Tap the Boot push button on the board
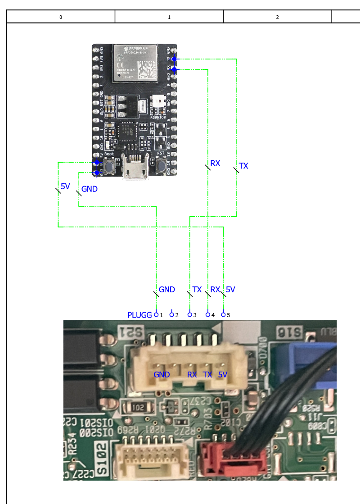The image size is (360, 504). pyautogui.click(x=108, y=165)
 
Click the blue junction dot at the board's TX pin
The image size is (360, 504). pyautogui.click(x=174, y=59)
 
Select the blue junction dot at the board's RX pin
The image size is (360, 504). pyautogui.click(x=174, y=69)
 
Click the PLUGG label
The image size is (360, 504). pyautogui.click(x=139, y=315)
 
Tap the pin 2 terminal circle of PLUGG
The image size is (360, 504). pyautogui.click(x=171, y=314)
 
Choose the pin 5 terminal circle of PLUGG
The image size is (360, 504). pyautogui.click(x=223, y=314)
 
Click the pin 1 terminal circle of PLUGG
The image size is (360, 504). pyautogui.click(x=156, y=314)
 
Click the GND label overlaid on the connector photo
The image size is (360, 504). pyautogui.click(x=162, y=375)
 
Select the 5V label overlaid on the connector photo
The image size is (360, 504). pyautogui.click(x=223, y=375)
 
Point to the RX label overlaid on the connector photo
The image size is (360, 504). pyautogui.click(x=192, y=375)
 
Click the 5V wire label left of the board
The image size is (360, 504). pyautogui.click(x=65, y=186)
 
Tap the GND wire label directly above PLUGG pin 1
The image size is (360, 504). pyautogui.click(x=166, y=290)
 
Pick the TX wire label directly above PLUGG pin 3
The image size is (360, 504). pyautogui.click(x=197, y=290)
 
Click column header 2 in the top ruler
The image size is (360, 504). pyautogui.click(x=277, y=17)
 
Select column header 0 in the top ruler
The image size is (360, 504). pyautogui.click(x=61, y=17)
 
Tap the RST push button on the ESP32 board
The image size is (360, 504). pyautogui.click(x=161, y=165)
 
